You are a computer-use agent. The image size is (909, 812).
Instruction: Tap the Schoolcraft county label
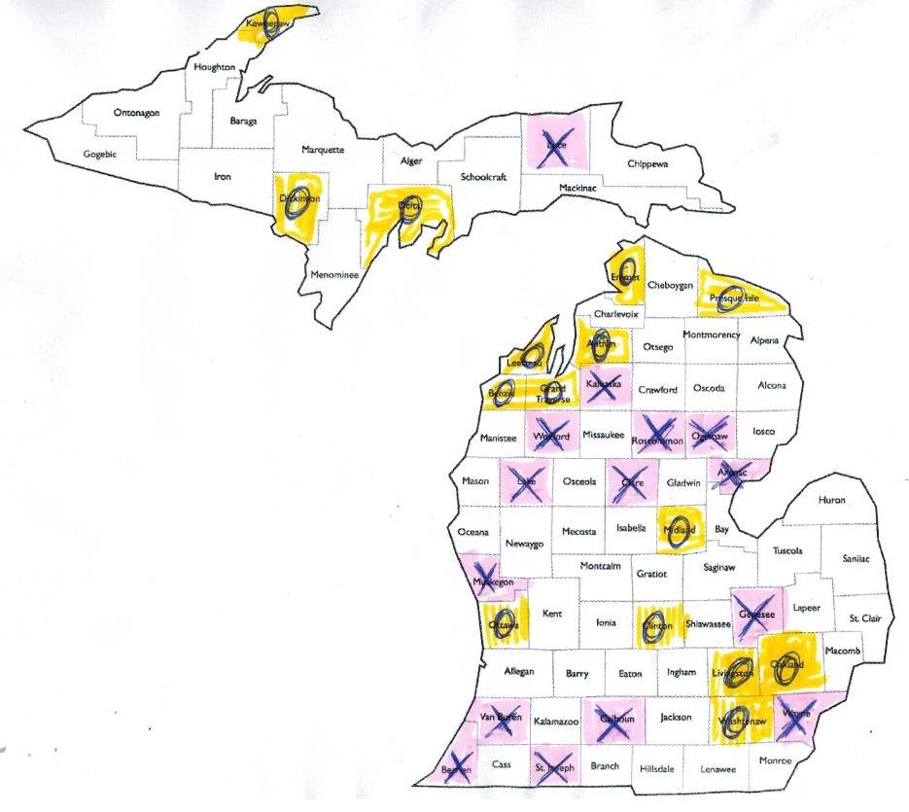click(484, 178)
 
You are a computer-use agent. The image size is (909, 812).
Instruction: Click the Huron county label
click(832, 500)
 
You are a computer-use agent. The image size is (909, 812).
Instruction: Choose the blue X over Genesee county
click(755, 615)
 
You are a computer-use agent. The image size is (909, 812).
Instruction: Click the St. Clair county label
click(864, 618)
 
